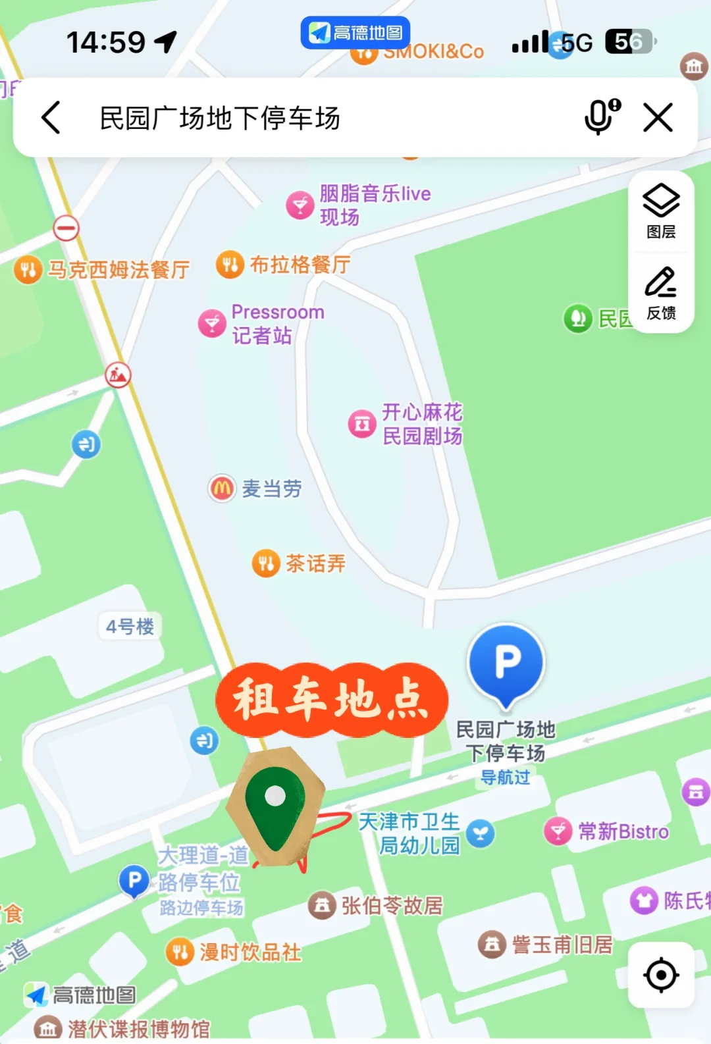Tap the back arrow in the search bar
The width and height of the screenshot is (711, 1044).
[51, 118]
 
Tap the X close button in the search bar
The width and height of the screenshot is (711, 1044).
[658, 118]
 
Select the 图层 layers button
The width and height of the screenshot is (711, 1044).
[661, 211]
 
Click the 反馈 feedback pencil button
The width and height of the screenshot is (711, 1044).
[661, 292]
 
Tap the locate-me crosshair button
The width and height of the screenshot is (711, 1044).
[661, 975]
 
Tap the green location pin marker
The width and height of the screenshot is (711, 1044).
[275, 807]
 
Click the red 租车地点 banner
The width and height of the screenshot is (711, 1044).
[332, 699]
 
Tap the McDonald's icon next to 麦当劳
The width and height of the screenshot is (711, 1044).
[222, 488]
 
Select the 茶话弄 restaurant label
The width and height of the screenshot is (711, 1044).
[315, 563]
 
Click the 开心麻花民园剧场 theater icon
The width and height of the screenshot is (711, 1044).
[362, 424]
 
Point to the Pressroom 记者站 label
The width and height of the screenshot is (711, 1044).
[277, 323]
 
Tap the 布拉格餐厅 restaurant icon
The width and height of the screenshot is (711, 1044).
[230, 265]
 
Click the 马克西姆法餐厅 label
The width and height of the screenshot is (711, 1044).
[118, 270]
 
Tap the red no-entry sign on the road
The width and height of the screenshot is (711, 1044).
[66, 228]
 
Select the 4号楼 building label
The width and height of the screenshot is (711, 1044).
[130, 626]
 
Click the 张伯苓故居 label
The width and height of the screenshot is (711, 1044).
[392, 906]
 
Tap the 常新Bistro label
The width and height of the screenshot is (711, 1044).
[623, 831]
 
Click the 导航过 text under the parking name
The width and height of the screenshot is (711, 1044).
[505, 777]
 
